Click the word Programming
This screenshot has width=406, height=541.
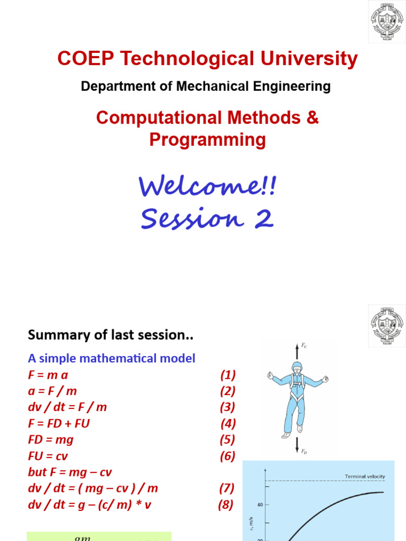coord(207,140)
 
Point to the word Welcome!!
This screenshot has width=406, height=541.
coord(207,186)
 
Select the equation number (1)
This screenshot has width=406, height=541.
coord(228,375)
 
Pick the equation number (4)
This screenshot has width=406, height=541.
coord(228,424)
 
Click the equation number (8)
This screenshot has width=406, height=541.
coord(226,505)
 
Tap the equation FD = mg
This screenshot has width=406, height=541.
coord(50,440)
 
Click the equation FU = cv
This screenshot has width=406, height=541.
coord(48,456)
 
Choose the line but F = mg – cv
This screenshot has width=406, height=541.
coord(70,472)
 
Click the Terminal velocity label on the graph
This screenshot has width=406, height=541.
coord(365,476)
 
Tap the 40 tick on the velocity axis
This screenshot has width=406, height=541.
coord(260,505)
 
